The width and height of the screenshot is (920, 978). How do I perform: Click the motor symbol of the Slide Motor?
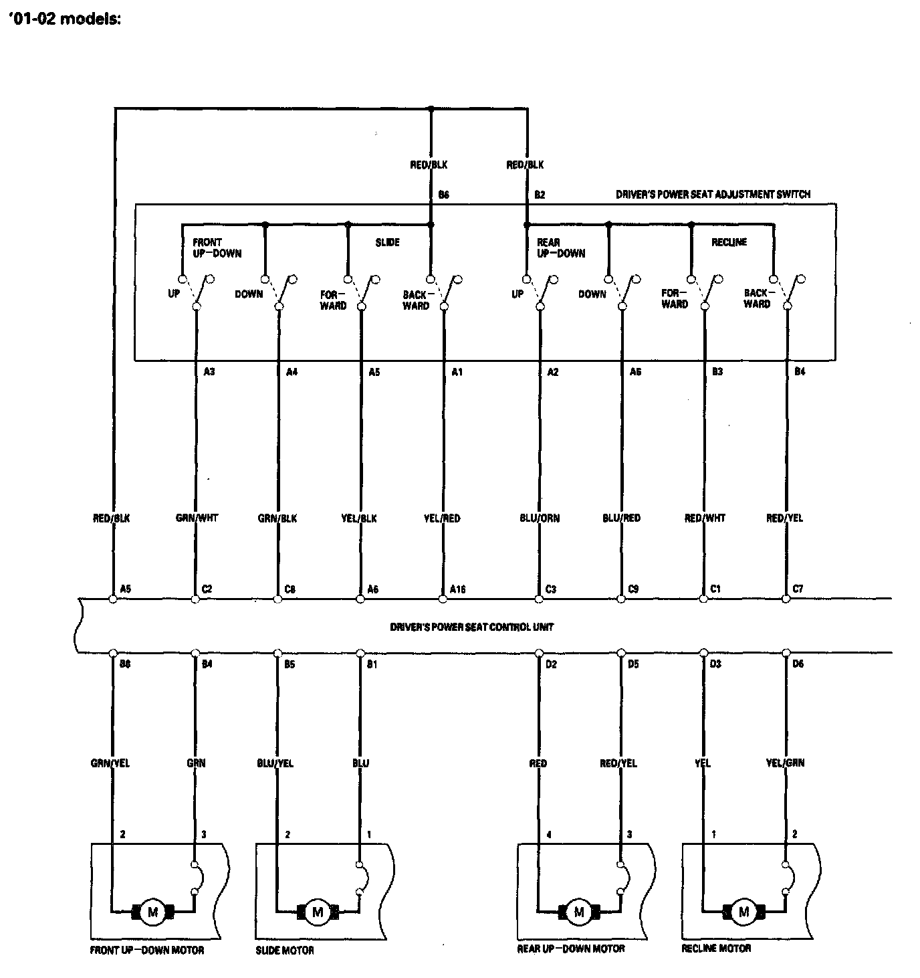[318, 912]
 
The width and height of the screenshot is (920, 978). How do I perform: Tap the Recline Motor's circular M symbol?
[743, 912]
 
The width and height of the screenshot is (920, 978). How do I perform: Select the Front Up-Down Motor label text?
[147, 950]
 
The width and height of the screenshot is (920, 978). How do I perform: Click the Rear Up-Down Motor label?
[571, 949]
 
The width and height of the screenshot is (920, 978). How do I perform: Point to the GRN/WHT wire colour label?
[196, 518]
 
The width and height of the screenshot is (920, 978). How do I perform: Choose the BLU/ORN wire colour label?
[540, 518]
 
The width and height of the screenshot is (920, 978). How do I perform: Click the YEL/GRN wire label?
[785, 763]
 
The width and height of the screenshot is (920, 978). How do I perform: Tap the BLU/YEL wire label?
[275, 763]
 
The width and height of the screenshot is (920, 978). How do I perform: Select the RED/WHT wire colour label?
[705, 518]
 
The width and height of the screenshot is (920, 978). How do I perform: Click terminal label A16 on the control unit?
[457, 589]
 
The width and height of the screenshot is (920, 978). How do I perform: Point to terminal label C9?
[633, 589]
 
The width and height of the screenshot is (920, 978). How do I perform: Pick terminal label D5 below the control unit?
[632, 664]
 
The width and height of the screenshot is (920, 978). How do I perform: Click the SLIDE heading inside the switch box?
[387, 242]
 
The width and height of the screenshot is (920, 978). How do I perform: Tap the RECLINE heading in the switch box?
[729, 242]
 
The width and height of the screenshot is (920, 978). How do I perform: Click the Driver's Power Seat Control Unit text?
[472, 627]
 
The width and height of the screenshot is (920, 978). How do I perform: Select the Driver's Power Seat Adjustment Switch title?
[713, 195]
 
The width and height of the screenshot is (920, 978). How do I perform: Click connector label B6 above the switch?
[444, 195]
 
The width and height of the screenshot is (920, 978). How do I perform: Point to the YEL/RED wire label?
[442, 518]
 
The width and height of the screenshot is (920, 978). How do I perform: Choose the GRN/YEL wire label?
[110, 763]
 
